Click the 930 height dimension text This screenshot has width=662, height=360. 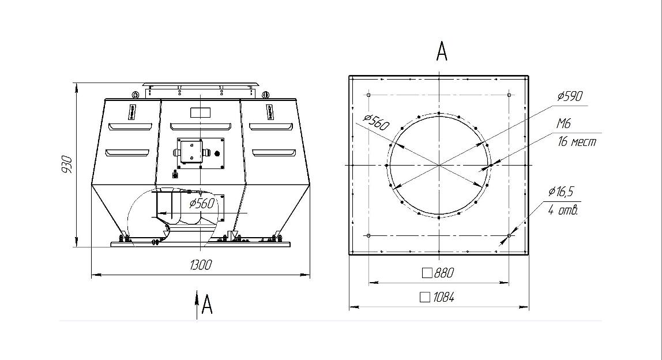pyautogui.click(x=67, y=164)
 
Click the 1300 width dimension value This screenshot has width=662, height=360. pyautogui.click(x=201, y=265)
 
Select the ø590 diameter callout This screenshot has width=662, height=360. pyautogui.click(x=570, y=96)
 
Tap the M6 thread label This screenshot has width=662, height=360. pyautogui.click(x=563, y=123)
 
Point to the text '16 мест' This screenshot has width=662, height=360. pyautogui.click(x=577, y=141)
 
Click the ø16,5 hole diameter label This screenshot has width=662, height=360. pyautogui.click(x=561, y=192)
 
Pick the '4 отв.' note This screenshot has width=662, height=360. pyautogui.click(x=563, y=210)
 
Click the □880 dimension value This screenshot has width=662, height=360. pyautogui.click(x=438, y=273)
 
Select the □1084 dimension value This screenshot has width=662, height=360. pyautogui.click(x=437, y=298)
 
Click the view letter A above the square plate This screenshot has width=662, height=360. pyautogui.click(x=441, y=51)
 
